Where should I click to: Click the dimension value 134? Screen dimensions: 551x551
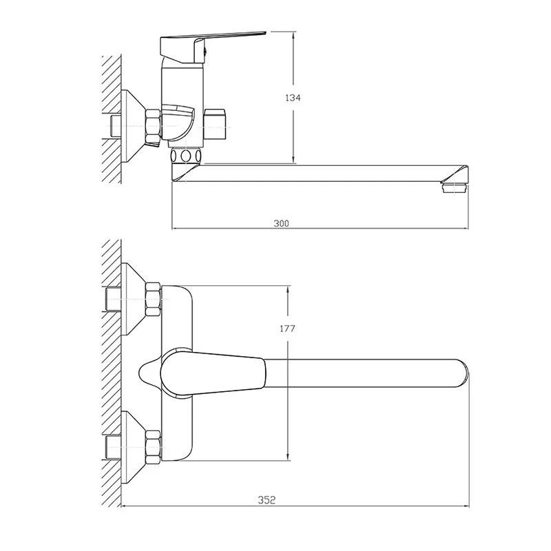point(293,98)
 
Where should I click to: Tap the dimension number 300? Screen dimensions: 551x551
point(281,223)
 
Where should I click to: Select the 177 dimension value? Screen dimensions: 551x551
point(287,329)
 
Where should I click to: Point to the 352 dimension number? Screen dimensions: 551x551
point(267,500)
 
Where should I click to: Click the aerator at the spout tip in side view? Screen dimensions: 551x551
point(455,187)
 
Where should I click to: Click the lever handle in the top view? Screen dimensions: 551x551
point(213,373)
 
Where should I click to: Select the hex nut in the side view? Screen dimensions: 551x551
point(153,127)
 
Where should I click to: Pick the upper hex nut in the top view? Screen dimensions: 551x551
point(153,299)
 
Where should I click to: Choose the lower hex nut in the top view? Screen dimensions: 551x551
point(153,447)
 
